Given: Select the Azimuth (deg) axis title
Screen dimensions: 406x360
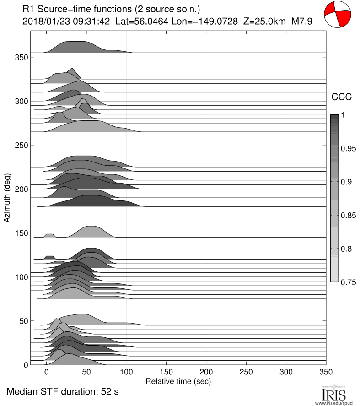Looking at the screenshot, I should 7,198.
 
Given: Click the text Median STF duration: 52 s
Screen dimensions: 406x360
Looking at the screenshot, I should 63,392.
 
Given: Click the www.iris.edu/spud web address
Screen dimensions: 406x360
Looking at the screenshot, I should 337,402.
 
